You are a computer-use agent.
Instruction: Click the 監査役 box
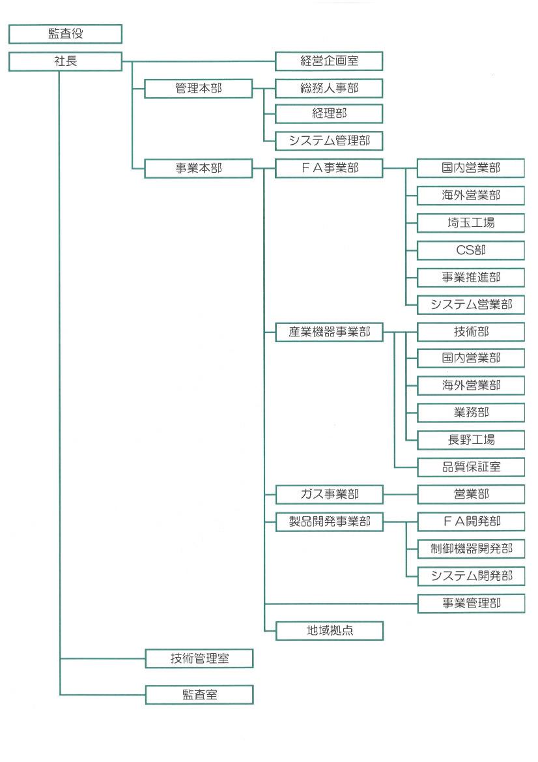66,34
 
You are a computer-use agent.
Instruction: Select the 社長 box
66,62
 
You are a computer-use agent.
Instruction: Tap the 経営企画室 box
329,61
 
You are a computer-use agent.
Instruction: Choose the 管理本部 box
199,89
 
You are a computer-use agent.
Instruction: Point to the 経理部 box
329,113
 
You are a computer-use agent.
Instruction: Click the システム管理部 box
329,141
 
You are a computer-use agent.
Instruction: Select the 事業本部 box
199,168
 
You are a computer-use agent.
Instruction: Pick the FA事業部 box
329,168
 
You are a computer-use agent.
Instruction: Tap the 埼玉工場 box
471,223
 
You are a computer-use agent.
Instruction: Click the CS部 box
471,250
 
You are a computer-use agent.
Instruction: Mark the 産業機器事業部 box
329,332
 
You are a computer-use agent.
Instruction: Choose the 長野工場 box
471,440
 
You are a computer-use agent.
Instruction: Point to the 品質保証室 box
471,467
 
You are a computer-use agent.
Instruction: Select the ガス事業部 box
330,494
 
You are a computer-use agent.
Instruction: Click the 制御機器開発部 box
472,549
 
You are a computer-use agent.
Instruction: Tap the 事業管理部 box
472,603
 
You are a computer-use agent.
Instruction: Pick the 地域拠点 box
330,630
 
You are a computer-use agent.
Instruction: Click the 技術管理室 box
199,658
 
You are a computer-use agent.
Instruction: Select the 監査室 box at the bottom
199,695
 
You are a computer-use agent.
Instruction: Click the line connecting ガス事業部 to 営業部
401,495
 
